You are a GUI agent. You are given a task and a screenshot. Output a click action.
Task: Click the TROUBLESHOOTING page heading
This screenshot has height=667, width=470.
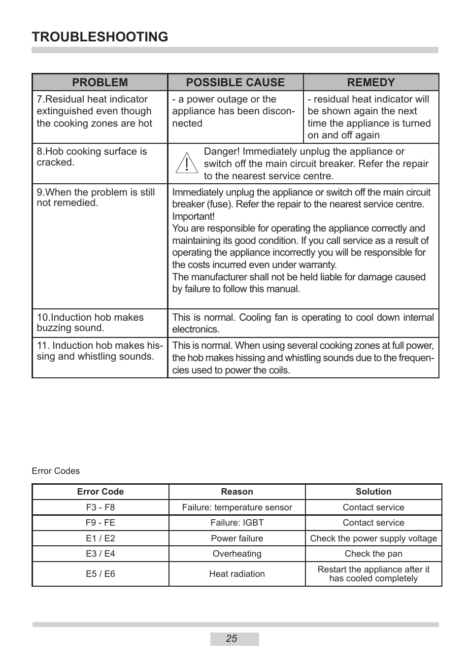[x=100, y=37]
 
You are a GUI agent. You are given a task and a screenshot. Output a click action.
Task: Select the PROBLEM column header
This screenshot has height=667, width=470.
[x=100, y=82]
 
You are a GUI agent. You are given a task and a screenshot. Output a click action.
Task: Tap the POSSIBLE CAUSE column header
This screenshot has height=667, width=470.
[x=235, y=82]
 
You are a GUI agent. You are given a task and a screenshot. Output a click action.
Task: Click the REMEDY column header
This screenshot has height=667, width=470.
[x=371, y=82]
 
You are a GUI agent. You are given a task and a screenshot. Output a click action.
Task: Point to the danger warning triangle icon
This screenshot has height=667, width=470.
[x=187, y=164]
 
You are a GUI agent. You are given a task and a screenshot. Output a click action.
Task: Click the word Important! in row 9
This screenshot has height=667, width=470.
[x=193, y=216]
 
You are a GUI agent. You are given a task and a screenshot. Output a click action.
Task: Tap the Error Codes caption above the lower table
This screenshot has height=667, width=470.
[x=56, y=471]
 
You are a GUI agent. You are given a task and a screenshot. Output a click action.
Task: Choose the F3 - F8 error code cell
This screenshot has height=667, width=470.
[x=101, y=507]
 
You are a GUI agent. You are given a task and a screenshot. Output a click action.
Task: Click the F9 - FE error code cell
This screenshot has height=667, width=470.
[x=101, y=523]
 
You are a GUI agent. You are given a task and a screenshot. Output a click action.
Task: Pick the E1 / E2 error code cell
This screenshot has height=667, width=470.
[x=101, y=538]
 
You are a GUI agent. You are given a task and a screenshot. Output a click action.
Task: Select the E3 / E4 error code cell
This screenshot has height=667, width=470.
[x=101, y=554]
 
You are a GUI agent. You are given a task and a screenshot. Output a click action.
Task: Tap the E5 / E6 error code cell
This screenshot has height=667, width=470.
[x=101, y=574]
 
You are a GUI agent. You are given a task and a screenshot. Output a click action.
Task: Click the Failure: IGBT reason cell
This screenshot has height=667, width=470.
[x=237, y=523]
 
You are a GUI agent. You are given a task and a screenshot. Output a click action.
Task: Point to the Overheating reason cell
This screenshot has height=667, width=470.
[x=237, y=554]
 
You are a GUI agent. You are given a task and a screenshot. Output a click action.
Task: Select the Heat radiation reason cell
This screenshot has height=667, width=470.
[x=237, y=574]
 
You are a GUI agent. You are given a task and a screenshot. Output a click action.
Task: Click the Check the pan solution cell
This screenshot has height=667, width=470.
[x=373, y=554]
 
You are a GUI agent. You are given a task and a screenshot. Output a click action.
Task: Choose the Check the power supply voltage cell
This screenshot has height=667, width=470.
[x=373, y=538]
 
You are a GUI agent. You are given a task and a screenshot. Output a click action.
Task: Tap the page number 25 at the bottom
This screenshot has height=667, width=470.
[x=232, y=639]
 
